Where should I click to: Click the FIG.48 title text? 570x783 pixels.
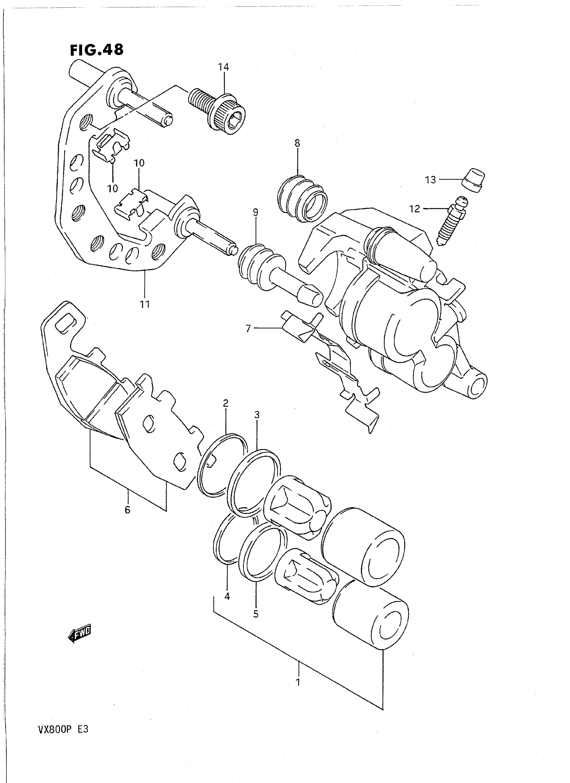pos(97,50)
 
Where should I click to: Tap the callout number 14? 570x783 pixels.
pos(223,67)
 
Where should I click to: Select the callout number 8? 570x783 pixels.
pos(297,143)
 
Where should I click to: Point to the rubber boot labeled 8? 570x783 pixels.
pos(302,199)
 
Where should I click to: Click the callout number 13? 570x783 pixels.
pos(430,180)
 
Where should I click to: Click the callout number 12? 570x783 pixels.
pos(415,209)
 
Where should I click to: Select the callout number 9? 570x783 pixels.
pos(255,212)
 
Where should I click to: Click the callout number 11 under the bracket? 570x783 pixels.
pos(145,304)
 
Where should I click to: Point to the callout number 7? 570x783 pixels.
pos(248,328)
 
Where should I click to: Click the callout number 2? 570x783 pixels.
pos(226,403)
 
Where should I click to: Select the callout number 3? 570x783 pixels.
pos(257,414)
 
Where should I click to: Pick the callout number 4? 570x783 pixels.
pos(227,596)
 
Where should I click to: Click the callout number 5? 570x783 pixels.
pos(256,614)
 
